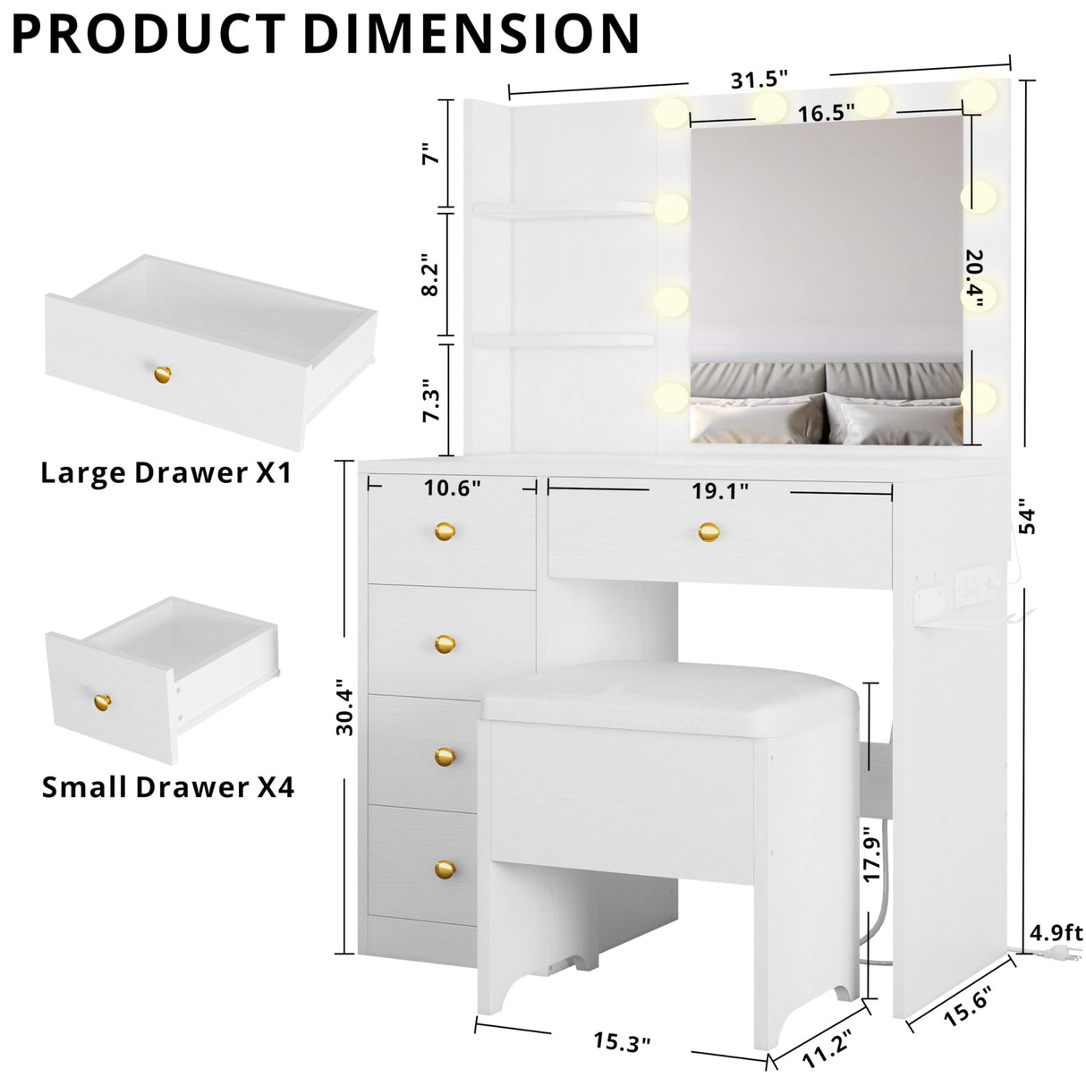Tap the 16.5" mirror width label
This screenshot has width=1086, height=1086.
click(x=826, y=113)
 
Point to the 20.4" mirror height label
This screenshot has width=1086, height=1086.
click(x=974, y=278)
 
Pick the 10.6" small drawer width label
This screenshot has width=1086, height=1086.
click(x=452, y=488)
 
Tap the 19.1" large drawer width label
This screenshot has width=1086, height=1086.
click(x=719, y=490)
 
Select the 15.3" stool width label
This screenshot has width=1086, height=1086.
click(x=622, y=1042)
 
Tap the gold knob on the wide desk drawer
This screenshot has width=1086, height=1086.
click(x=708, y=532)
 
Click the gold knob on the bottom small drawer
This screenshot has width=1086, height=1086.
click(x=445, y=868)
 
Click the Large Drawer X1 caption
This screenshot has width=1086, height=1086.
click(x=165, y=472)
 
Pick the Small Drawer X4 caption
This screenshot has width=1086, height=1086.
click(x=168, y=787)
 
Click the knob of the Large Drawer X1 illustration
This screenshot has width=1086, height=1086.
click(x=161, y=375)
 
